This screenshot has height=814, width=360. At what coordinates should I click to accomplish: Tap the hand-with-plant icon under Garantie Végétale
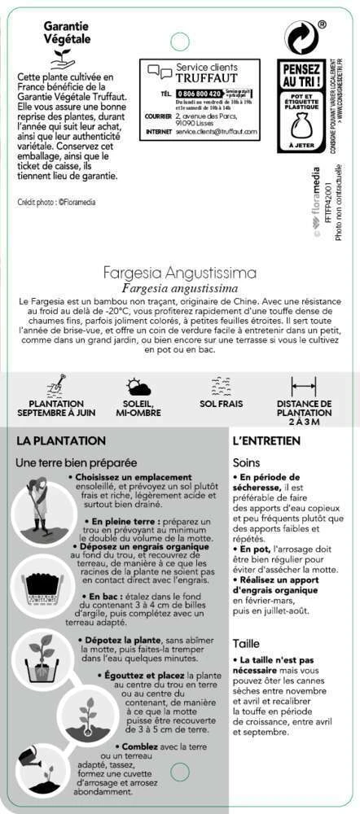62,58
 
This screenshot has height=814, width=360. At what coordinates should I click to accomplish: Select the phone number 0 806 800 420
199,94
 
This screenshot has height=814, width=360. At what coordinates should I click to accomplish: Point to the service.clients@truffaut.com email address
216,130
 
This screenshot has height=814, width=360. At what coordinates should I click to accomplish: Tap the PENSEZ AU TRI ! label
301,77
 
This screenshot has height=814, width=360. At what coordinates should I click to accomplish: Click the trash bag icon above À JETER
301,126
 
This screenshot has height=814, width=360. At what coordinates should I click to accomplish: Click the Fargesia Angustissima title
180,272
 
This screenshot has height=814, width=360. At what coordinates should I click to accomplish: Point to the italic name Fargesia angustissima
180,288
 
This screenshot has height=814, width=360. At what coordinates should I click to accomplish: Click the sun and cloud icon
138,387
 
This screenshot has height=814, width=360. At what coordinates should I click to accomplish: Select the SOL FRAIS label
221,403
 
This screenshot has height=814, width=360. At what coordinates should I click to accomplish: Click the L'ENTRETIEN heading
266,440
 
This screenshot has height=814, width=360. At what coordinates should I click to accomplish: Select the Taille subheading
245,643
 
